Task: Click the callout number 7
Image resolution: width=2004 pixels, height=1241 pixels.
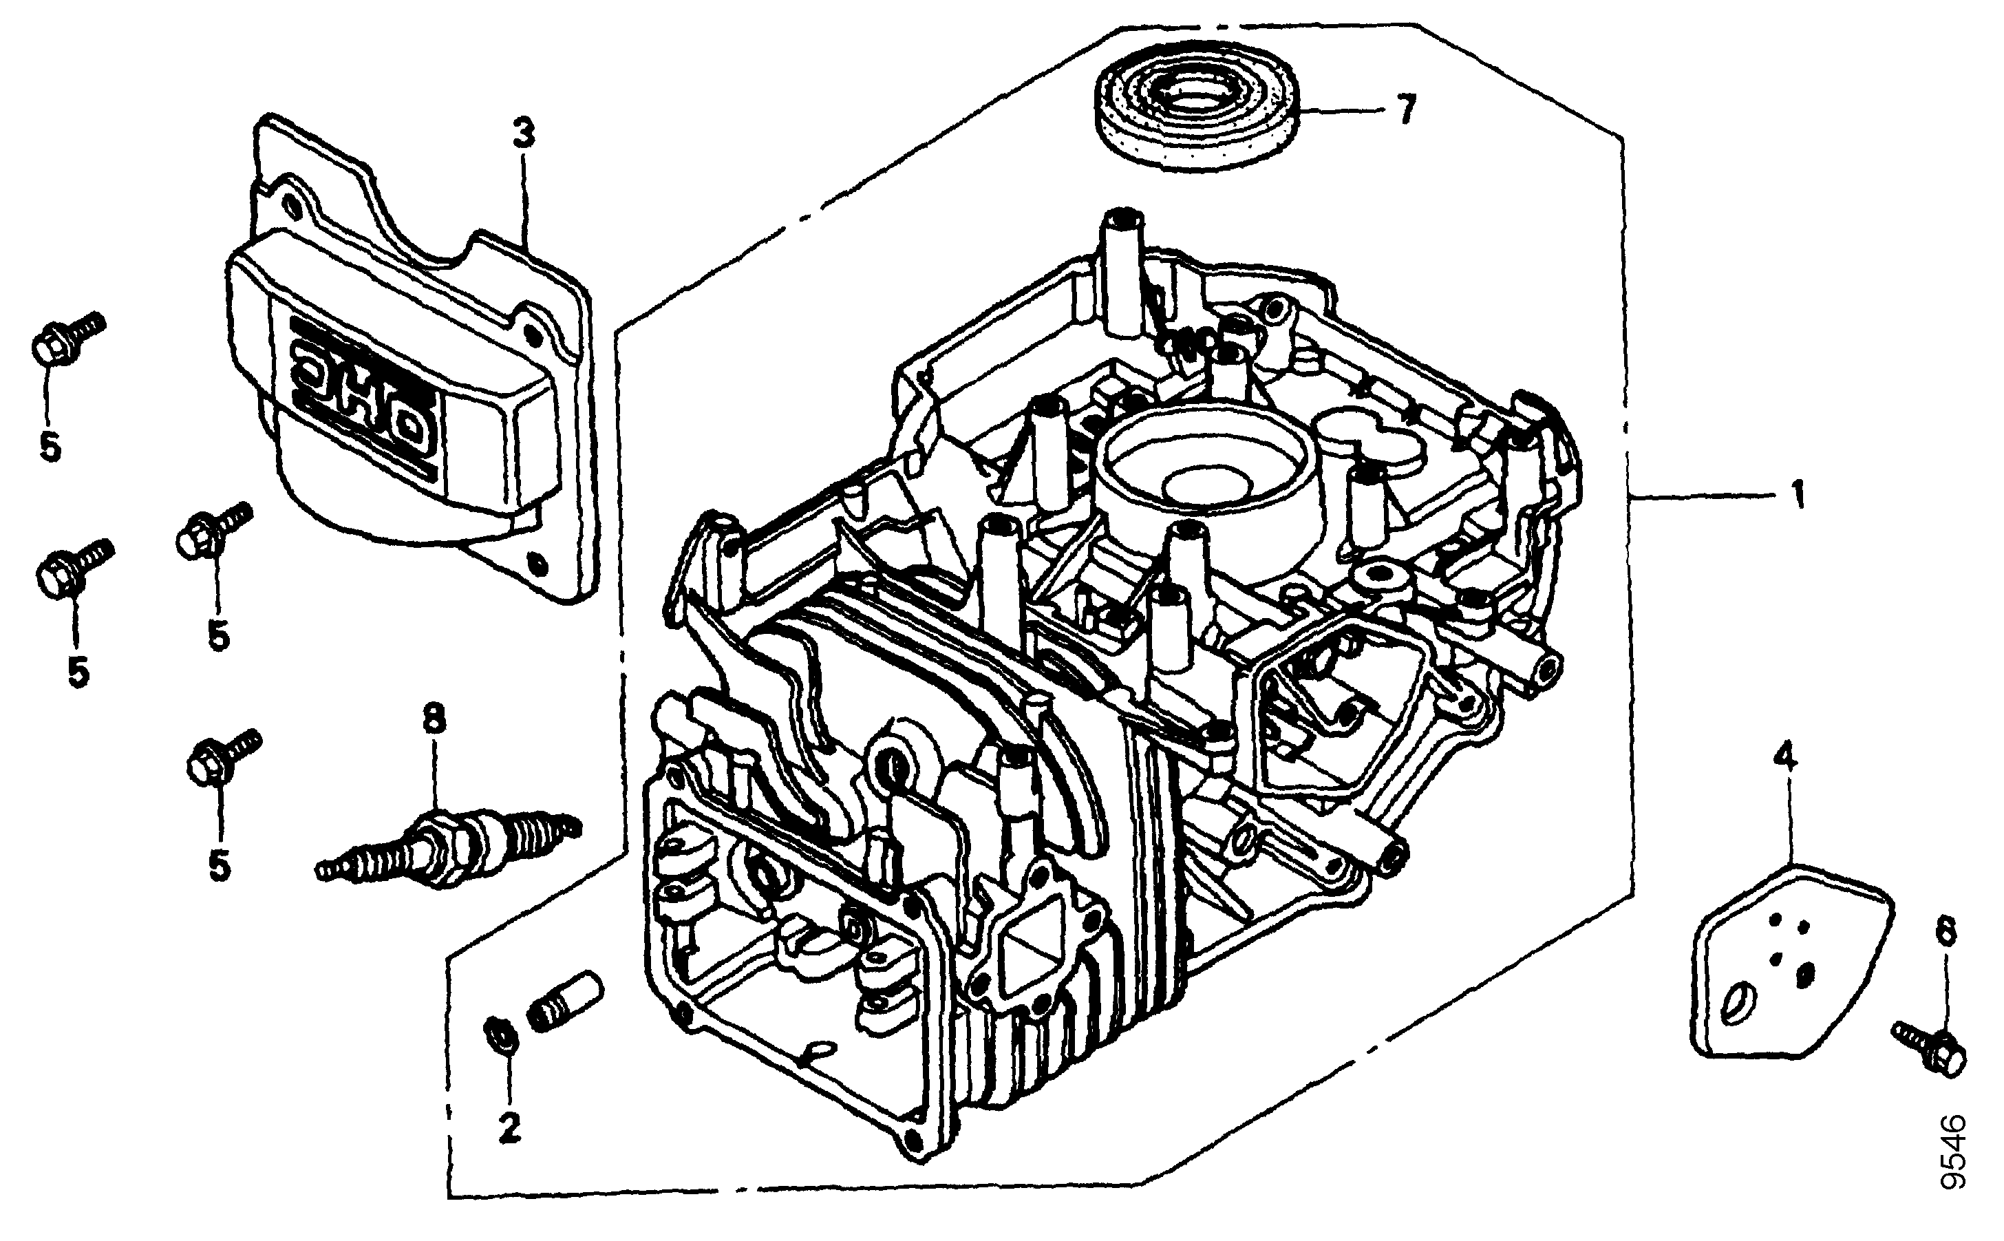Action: tap(1406, 109)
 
